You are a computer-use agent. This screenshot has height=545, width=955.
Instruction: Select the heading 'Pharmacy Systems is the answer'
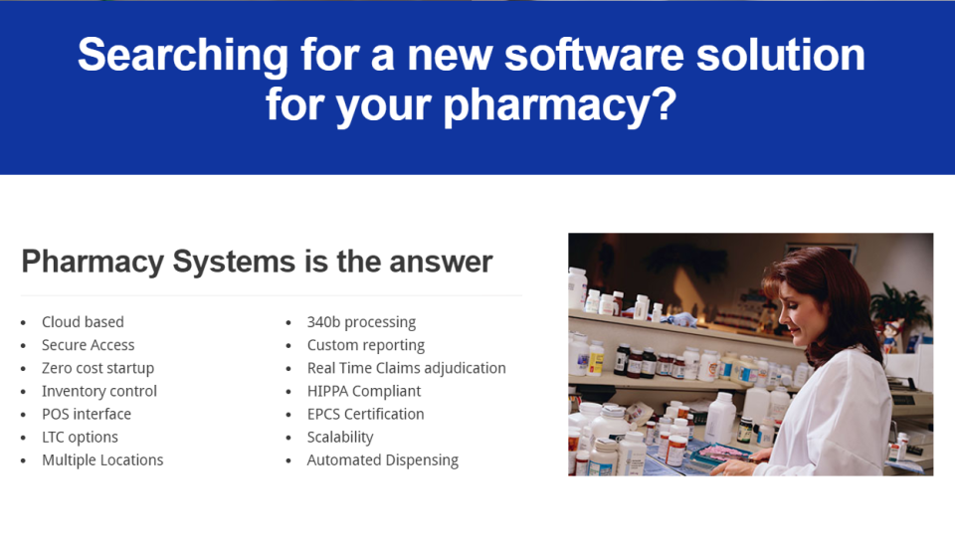click(257, 262)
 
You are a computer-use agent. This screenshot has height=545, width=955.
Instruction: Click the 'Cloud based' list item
click(83, 322)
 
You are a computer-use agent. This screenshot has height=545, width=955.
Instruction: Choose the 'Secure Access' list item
click(88, 345)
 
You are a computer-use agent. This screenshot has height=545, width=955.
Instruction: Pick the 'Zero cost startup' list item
click(97, 368)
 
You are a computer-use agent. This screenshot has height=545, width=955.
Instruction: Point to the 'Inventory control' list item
click(98, 391)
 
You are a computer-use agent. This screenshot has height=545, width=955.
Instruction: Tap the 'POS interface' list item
click(86, 414)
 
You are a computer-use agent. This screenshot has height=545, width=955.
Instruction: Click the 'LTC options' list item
click(80, 437)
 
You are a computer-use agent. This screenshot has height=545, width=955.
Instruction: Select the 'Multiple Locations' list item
click(101, 459)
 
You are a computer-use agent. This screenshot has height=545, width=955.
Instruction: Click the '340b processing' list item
click(361, 322)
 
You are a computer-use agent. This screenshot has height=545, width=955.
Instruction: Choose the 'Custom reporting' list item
click(365, 345)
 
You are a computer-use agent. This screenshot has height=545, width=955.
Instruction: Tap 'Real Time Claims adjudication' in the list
click(406, 368)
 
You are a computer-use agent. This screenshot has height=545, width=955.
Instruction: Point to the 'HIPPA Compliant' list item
click(363, 391)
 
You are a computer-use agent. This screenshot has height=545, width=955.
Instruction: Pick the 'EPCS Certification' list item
click(365, 414)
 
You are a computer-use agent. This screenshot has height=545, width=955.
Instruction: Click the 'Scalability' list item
click(339, 437)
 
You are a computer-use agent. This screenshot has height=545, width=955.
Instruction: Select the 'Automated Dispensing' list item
click(382, 459)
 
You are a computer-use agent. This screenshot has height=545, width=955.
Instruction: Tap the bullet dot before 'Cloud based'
click(25, 323)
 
